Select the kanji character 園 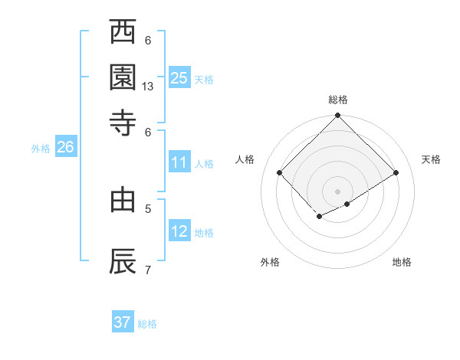tap(123, 77)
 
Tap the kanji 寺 tap(123, 122)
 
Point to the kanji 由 tap(123, 201)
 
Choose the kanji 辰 tap(123, 261)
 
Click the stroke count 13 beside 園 tap(148, 87)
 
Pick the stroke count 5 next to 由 tap(148, 208)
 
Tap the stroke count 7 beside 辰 tap(148, 269)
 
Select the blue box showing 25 tap(179, 77)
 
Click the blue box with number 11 tap(179, 162)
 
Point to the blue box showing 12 tap(179, 231)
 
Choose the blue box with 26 tap(65, 148)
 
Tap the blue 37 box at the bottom tap(123, 322)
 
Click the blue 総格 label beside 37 tap(147, 324)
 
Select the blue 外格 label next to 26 tap(41, 149)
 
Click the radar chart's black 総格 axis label tap(338, 100)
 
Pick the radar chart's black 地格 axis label tap(402, 262)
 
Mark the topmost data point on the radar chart tap(338, 116)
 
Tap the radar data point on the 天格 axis tap(396, 173)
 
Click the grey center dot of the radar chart tap(338, 191)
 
